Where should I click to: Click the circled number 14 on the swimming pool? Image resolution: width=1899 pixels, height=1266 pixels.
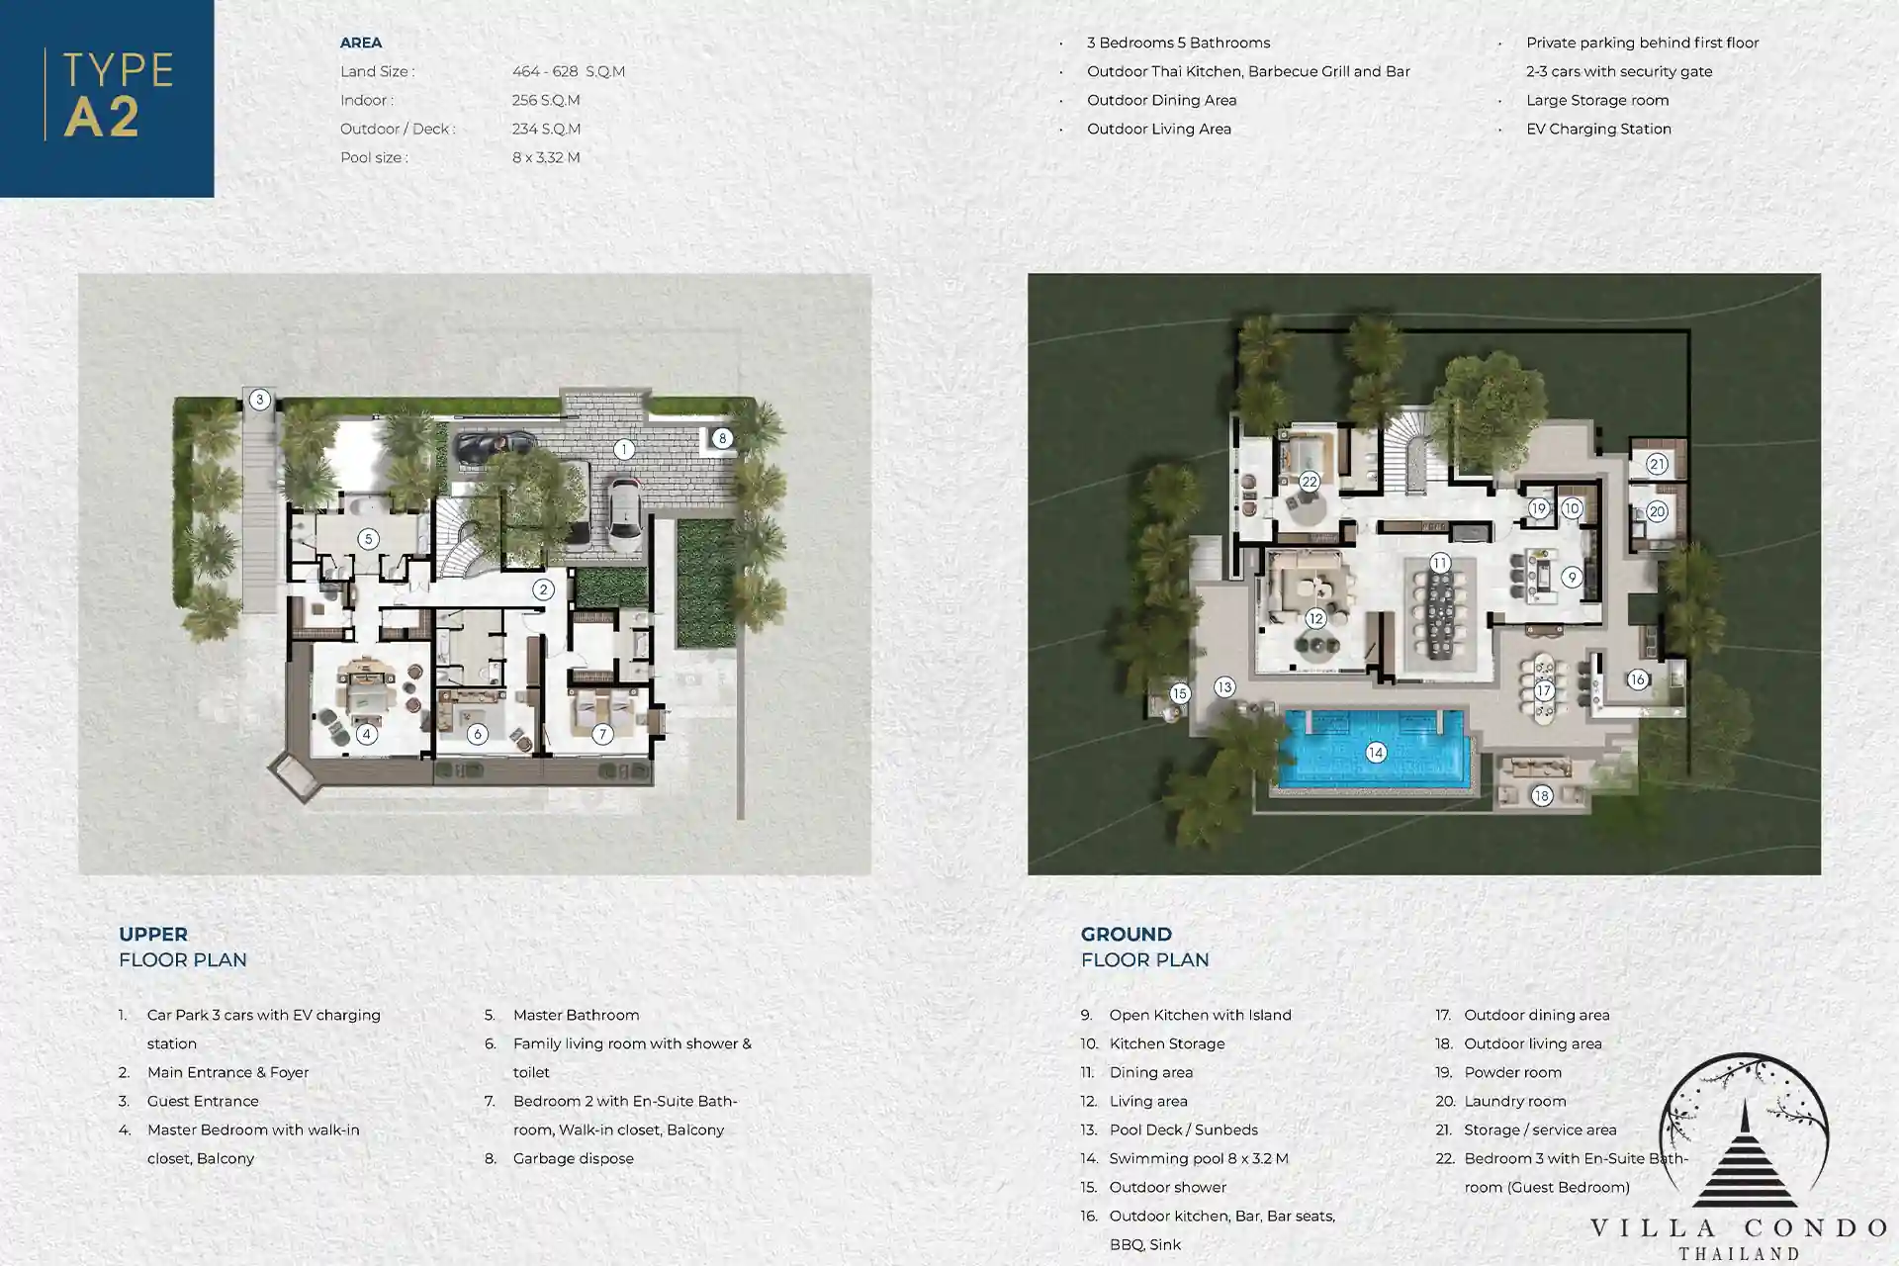pyautogui.click(x=1376, y=753)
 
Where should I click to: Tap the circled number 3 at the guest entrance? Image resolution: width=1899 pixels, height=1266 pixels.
pyautogui.click(x=259, y=400)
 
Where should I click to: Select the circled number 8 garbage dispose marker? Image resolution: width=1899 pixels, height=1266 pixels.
pyautogui.click(x=723, y=438)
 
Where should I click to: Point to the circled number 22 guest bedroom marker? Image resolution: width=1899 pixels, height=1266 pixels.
pyautogui.click(x=1310, y=482)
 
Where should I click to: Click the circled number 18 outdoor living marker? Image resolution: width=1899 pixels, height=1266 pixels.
pyautogui.click(x=1542, y=795)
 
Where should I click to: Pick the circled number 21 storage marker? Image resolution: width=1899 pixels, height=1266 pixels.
pyautogui.click(x=1658, y=464)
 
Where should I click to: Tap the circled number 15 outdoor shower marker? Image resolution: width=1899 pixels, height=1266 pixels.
pyautogui.click(x=1179, y=693)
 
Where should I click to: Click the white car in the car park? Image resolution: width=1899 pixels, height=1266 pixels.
pyautogui.click(x=623, y=512)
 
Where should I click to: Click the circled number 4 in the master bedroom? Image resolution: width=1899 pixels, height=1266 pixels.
pyautogui.click(x=367, y=734)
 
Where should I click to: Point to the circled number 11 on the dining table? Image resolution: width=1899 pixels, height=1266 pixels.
pyautogui.click(x=1440, y=563)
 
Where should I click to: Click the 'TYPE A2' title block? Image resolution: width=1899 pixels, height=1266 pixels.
pyautogui.click(x=107, y=98)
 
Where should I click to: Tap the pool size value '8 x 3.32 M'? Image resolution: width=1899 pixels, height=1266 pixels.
pyautogui.click(x=546, y=157)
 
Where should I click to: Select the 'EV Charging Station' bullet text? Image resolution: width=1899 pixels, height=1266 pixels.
pyautogui.click(x=1598, y=129)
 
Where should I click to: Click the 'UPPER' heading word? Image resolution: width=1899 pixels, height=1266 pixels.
pyautogui.click(x=153, y=935)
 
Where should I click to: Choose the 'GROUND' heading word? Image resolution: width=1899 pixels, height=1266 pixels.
pyautogui.click(x=1127, y=935)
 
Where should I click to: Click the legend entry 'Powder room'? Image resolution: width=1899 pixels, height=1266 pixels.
pyautogui.click(x=1512, y=1072)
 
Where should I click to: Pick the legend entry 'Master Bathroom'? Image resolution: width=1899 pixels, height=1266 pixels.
pyautogui.click(x=576, y=1015)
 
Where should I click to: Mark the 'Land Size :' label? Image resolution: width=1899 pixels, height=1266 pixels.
pyautogui.click(x=377, y=71)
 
